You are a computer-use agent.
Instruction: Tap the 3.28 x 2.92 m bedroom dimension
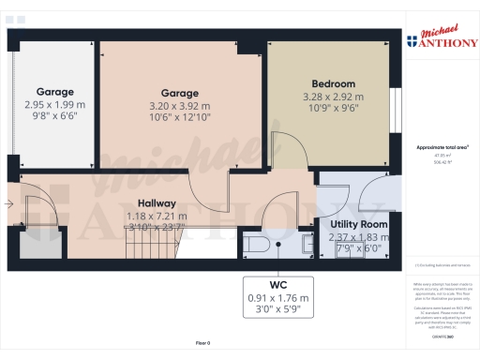pyautogui.click(x=330, y=96)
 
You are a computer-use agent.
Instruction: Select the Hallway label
pyautogui.click(x=157, y=202)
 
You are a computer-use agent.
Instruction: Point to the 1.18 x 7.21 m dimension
pyautogui.click(x=157, y=215)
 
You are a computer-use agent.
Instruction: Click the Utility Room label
pyautogui.click(x=359, y=225)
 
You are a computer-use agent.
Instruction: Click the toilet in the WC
pyautogui.click(x=257, y=245)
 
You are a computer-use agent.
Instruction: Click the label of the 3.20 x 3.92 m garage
pyautogui.click(x=179, y=93)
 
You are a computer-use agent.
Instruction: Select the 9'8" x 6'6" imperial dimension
pyautogui.click(x=53, y=117)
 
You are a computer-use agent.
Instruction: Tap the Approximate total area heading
pyautogui.click(x=442, y=147)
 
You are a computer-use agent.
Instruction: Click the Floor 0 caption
pyautogui.click(x=202, y=344)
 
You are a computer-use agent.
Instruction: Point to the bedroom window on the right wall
pyautogui.click(x=395, y=111)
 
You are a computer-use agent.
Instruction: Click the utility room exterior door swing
pyautogui.click(x=368, y=192)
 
